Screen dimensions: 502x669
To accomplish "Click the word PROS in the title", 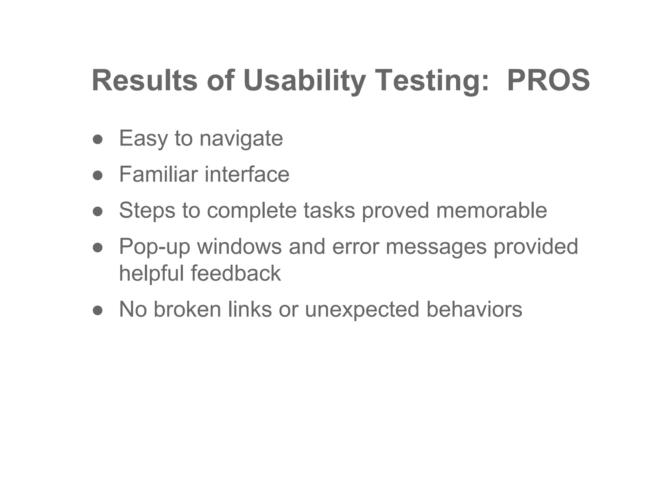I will (x=548, y=80).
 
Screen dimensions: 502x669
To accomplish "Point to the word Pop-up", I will (x=155, y=246).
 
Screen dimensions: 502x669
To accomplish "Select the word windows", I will (x=239, y=246).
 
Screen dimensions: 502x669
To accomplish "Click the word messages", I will (x=436, y=246).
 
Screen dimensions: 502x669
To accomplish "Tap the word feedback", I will (x=236, y=273).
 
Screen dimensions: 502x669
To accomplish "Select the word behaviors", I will (x=474, y=309).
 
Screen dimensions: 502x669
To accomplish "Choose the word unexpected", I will (x=362, y=309).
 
